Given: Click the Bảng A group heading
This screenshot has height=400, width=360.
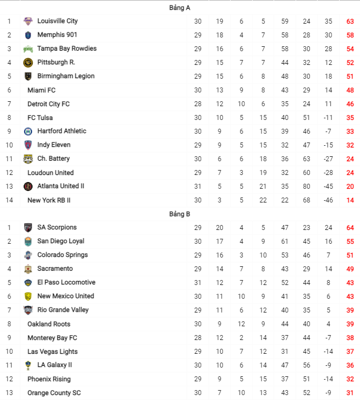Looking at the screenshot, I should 179,8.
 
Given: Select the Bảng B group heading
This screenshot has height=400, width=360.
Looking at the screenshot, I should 179,214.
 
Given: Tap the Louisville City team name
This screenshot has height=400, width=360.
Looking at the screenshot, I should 57,21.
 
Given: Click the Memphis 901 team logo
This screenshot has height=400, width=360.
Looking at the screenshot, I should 28,35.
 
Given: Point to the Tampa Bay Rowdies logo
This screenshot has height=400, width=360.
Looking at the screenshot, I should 28,48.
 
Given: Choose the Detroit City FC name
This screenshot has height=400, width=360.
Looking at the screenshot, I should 48,104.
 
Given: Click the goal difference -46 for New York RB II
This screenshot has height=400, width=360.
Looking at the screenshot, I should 329,200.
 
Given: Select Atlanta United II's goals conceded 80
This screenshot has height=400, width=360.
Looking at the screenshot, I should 307,187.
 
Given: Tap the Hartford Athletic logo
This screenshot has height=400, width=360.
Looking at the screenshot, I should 28,131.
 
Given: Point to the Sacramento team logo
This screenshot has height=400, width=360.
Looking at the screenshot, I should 28,269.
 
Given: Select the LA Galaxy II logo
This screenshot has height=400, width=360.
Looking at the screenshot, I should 28,365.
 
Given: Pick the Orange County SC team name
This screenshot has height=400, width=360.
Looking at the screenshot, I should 54,393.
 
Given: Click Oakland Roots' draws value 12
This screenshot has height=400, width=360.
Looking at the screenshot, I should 241,324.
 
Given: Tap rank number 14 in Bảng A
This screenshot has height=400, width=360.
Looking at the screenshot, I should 9,200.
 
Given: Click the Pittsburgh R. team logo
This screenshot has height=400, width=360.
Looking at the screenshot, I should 28,62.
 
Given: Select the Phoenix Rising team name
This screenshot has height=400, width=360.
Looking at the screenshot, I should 49,379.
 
